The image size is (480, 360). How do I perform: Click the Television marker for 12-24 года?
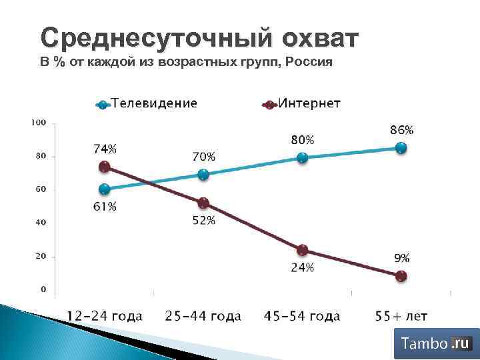point(104,189)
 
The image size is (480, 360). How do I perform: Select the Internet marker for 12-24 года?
point(104,167)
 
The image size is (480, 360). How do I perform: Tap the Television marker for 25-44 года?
point(203,175)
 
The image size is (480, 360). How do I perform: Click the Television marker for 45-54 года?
point(302,158)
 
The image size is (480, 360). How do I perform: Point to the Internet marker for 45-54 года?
point(302,250)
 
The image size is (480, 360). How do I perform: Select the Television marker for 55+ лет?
point(401,148)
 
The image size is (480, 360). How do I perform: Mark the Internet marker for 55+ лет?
point(401,276)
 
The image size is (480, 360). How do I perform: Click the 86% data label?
point(401,129)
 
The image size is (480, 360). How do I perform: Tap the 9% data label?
point(401,258)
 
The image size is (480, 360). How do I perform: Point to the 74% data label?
point(105,148)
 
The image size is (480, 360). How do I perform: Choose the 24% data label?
point(302,268)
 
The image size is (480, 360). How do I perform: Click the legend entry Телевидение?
point(153,103)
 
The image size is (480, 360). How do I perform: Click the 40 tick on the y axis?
point(40,223)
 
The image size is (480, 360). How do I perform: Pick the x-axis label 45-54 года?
point(301,315)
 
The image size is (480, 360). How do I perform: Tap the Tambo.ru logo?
point(437,344)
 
